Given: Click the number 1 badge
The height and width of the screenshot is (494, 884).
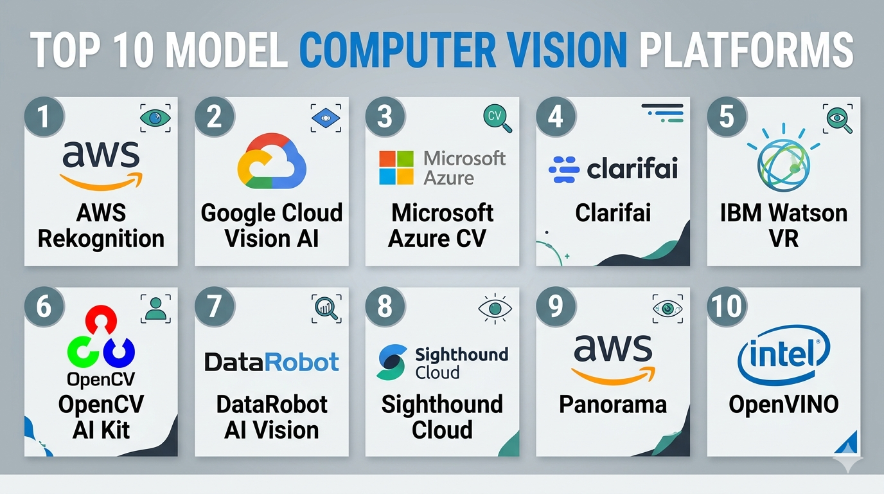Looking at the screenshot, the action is point(44,116).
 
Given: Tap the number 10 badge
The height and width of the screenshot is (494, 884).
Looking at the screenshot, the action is point(727,306).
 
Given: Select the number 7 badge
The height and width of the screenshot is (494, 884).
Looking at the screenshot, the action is point(215,306).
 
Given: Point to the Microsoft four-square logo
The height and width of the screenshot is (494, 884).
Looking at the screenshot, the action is point(396,168).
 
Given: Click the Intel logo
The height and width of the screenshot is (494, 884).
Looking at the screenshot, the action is point(783,354).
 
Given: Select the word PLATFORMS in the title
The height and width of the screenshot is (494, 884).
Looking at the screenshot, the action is point(747,51).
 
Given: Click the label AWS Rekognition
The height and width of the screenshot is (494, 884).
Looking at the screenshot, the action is point(101,226).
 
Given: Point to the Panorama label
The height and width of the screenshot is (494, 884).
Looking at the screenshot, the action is point(613,405).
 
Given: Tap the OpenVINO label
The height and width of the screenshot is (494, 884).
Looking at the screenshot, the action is point(783,405).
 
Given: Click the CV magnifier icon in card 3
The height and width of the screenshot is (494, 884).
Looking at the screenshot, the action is point(497,118).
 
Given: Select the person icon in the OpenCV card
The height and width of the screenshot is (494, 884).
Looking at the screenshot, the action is point(155,309).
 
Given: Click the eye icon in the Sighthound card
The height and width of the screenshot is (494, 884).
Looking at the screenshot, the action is point(495,309).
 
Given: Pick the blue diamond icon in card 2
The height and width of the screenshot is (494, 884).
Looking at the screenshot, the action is point(326,118).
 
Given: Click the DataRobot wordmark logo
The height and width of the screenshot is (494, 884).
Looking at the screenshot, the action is point(272,361).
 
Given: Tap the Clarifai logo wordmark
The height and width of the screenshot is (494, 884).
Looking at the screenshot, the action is point(613,169).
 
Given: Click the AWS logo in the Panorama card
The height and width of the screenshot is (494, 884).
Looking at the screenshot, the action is point(613,359).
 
